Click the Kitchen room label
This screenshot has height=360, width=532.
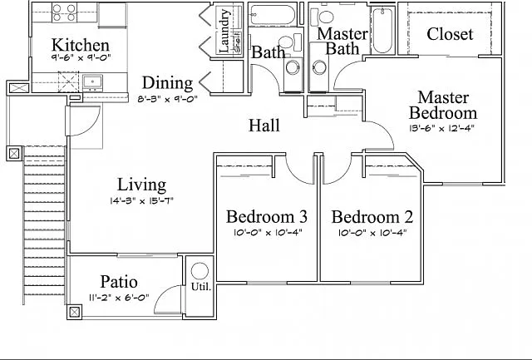click(81, 45)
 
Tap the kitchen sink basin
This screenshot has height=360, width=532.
click(92, 82)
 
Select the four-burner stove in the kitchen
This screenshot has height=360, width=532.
click(64, 13)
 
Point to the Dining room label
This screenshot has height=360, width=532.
click(168, 82)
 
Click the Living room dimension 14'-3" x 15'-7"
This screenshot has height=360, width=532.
click(142, 201)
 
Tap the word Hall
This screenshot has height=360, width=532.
click(264, 126)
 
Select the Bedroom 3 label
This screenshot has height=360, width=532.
click(267, 216)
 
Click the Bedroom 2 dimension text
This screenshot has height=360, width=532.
click(372, 233)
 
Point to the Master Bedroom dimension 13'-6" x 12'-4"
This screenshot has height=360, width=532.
click(441, 129)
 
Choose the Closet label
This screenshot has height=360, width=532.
click(450, 34)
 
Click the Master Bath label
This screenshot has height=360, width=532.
click(342, 41)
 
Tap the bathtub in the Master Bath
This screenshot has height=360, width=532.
click(382, 30)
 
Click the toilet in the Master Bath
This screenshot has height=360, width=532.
click(325, 17)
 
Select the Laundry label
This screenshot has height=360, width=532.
click(224, 31)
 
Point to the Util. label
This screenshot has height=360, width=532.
click(201, 287)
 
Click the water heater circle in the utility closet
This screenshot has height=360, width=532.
click(199, 271)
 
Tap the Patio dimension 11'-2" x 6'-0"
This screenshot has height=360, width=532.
click(119, 298)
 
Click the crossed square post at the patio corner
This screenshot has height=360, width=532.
click(75, 312)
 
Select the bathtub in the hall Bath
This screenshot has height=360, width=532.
click(273, 14)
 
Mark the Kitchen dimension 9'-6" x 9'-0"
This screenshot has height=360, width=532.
click(81, 57)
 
